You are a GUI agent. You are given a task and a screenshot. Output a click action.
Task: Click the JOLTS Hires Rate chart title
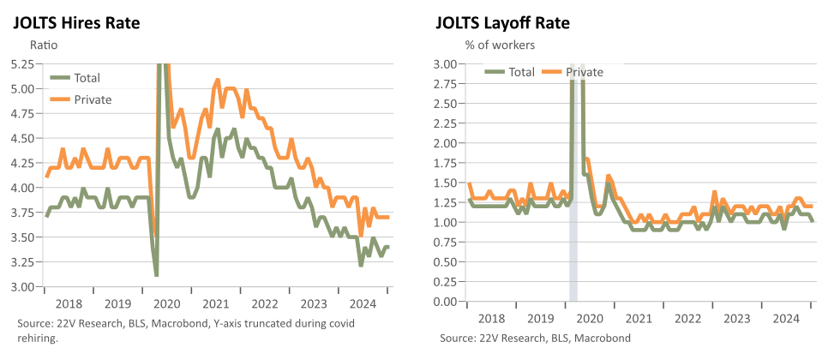tap(75, 23)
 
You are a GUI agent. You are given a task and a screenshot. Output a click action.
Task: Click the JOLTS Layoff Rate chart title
tap(502, 23)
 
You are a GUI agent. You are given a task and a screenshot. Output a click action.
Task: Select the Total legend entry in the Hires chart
tap(75, 78)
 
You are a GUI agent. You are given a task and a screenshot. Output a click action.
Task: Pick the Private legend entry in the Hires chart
tap(81, 99)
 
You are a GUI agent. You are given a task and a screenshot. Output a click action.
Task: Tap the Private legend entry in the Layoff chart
tap(573, 72)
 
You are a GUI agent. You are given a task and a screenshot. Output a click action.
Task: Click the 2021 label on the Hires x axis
tap(215, 304)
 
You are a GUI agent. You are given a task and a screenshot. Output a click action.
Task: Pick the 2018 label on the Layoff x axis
tap(491, 319)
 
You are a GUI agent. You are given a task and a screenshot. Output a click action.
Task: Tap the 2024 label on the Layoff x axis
tap(786, 319)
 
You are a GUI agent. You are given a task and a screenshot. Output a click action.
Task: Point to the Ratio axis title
tap(45, 45)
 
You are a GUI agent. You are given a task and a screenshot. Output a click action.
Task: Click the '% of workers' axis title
tap(500, 45)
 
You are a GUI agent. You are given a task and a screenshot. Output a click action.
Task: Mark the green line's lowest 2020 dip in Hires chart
tap(156, 275)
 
